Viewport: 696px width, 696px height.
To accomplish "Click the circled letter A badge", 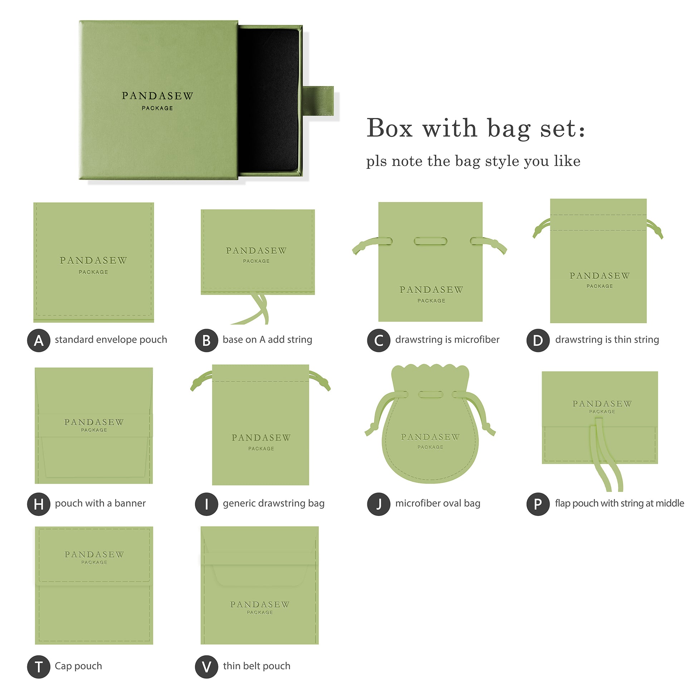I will [x=39, y=340].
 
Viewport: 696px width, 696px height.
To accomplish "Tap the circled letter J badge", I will [x=379, y=504].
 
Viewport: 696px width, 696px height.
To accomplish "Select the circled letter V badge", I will [x=206, y=667].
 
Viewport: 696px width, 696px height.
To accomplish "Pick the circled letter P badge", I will [x=538, y=504].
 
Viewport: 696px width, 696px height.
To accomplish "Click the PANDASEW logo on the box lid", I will [x=157, y=96].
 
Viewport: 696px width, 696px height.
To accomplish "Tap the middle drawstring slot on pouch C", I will [x=430, y=241].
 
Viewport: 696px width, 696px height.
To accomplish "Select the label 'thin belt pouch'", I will [x=256, y=666].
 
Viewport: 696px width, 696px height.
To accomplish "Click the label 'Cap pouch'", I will [x=78, y=666].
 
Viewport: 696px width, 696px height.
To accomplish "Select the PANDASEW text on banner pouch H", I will [x=94, y=422].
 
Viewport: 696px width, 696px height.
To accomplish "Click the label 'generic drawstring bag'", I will [x=273, y=503].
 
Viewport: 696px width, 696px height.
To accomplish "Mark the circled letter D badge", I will [x=538, y=340].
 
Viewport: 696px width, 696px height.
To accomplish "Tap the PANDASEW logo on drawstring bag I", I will [x=261, y=438].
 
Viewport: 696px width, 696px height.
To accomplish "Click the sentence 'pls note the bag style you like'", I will [x=473, y=161].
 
